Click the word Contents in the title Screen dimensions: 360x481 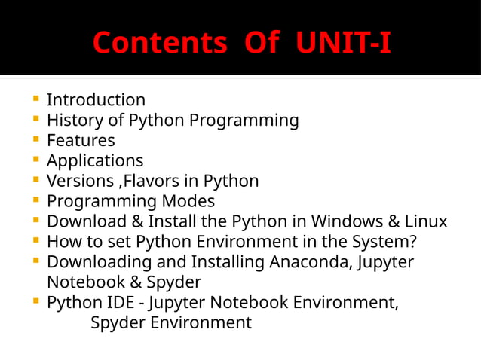[x=158, y=43]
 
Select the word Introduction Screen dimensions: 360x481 [x=96, y=100]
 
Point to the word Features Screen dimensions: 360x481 [x=81, y=141]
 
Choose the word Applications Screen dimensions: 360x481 [x=95, y=161]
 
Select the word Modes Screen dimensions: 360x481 [x=188, y=202]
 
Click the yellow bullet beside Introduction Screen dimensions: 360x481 [x=36, y=99]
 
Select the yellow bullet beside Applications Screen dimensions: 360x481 [x=36, y=160]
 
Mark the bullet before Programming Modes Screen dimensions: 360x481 [x=36, y=201]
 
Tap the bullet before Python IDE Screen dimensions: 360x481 [x=36, y=303]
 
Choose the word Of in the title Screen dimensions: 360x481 [x=262, y=43]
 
